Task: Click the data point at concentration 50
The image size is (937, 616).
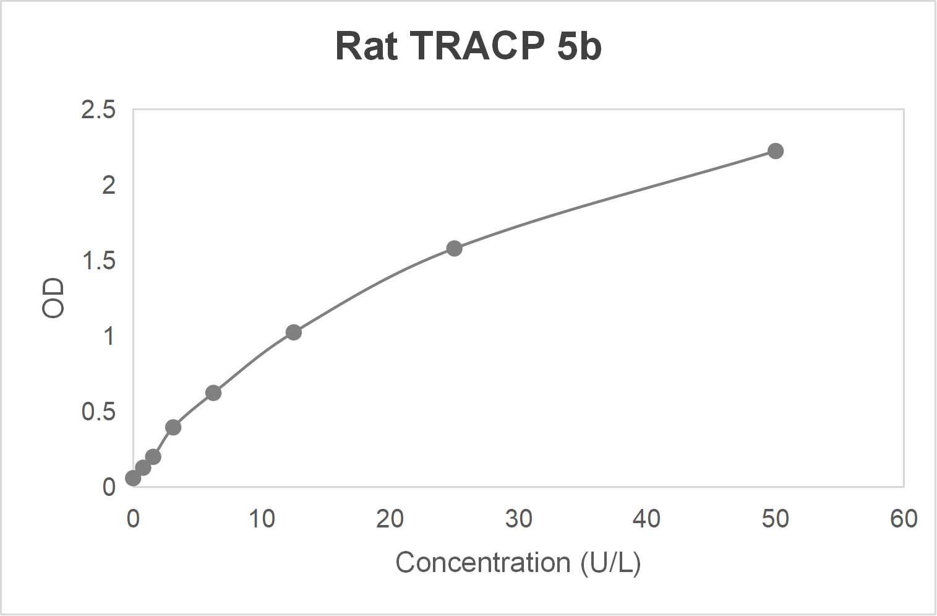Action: point(775,151)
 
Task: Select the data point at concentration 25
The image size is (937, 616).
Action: point(454,248)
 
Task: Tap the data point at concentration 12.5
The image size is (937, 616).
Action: point(293,332)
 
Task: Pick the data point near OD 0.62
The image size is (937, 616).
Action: point(213,393)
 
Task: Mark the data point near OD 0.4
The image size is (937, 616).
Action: point(173,427)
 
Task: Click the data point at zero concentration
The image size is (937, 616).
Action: point(133,478)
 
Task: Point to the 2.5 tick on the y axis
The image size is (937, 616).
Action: point(98,110)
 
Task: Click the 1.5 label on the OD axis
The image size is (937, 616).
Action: point(98,261)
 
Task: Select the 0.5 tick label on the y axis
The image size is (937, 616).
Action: point(98,412)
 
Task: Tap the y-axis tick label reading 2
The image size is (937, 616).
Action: point(108,185)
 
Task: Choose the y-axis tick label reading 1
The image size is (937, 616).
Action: point(108,336)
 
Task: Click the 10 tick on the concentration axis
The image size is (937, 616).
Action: point(262,519)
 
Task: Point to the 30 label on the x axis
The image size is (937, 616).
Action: point(518,519)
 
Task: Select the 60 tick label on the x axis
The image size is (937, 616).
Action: point(904,519)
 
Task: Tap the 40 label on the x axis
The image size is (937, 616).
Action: point(646,519)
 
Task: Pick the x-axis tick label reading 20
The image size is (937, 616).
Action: point(390,519)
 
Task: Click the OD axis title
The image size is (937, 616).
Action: point(53,298)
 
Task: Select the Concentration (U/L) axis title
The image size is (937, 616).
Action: point(518,563)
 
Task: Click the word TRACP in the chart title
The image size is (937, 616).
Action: point(477,46)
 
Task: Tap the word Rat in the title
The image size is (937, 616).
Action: point(366,46)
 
